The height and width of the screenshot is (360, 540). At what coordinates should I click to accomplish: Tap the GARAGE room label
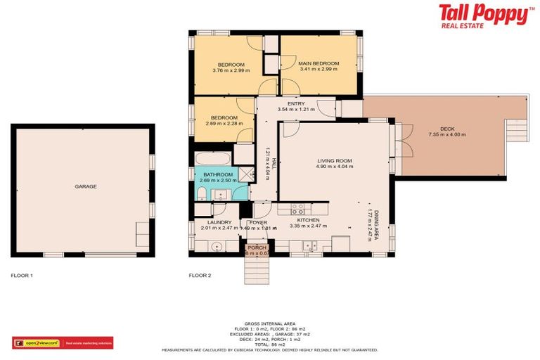pyautogui.click(x=86, y=186)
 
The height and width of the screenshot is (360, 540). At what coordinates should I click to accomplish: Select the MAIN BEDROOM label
pyautogui.click(x=319, y=63)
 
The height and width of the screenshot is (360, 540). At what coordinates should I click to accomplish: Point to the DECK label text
pyautogui.click(x=447, y=129)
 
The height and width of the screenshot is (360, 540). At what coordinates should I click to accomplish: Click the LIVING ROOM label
pyautogui.click(x=334, y=161)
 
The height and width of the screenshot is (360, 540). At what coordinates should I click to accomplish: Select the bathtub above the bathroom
pyautogui.click(x=212, y=158)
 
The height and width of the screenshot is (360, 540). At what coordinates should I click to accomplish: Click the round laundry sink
pyautogui.click(x=217, y=246)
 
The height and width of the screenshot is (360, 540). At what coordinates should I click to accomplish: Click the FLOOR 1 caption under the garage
pyautogui.click(x=22, y=276)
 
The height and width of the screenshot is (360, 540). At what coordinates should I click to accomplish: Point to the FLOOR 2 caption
pyautogui.click(x=200, y=276)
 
